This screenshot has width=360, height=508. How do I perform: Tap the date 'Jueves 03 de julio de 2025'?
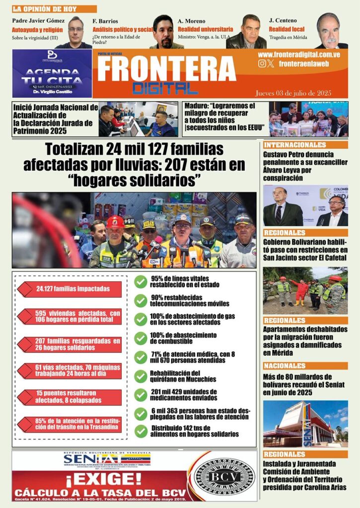click(x=293, y=93)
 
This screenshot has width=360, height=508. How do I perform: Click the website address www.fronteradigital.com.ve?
click(x=299, y=55)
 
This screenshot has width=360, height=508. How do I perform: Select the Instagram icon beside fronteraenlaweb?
click(x=262, y=63)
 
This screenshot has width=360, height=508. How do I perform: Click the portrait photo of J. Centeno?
click(x=331, y=31)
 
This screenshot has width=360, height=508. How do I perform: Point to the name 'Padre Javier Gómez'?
click(x=39, y=20)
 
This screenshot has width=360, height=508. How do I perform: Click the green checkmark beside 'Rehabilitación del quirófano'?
click(x=141, y=377)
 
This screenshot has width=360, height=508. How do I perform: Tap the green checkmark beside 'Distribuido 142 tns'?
click(x=141, y=431)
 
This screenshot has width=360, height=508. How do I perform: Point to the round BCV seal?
click(x=223, y=476)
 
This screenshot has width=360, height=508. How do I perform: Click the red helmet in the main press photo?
click(x=115, y=222)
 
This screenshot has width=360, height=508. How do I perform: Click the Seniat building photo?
click(x=305, y=424)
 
